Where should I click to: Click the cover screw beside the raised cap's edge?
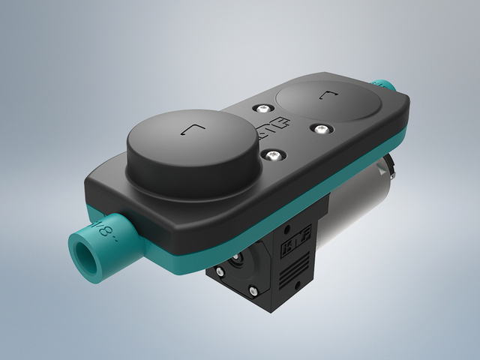(x=274, y=155)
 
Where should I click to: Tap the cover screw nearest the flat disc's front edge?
(x=320, y=130)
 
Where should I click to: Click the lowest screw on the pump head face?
(x=255, y=292)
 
